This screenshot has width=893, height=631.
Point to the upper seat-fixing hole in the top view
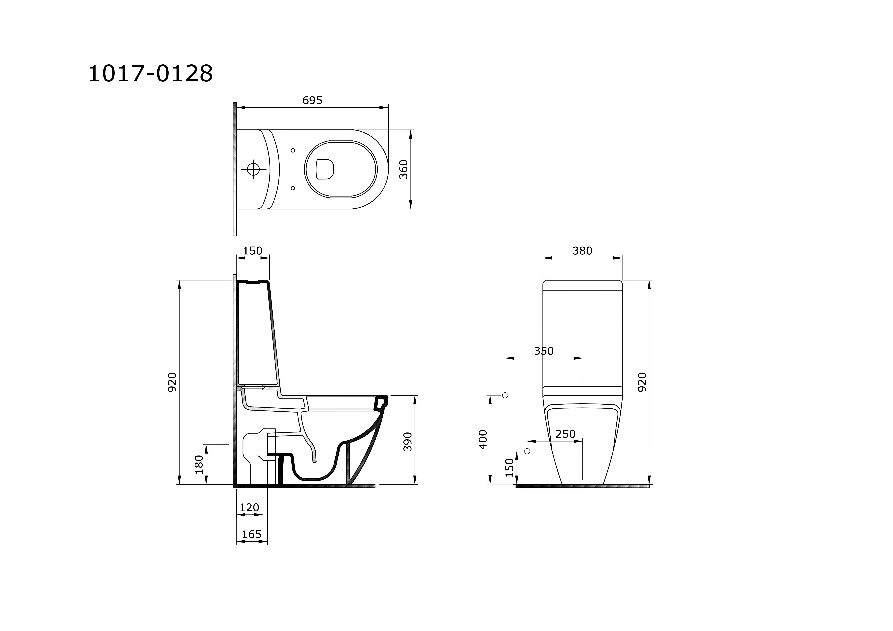[x=293, y=151]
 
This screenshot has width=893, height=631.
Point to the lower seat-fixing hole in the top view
[x=293, y=188]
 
